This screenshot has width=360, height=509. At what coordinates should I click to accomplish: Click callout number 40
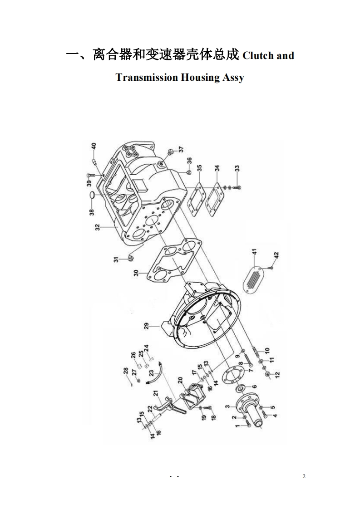coord(94,146)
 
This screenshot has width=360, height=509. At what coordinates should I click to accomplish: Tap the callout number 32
coord(98,228)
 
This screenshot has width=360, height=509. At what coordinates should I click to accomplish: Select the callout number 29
coord(146,326)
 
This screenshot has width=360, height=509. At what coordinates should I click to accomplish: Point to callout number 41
coord(255,253)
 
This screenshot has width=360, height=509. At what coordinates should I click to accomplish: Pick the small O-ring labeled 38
coord(92,196)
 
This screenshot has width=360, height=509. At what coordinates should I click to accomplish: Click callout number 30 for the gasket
coord(136,274)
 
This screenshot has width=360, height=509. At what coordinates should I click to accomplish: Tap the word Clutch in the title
coord(258,55)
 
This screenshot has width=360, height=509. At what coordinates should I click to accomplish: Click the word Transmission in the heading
coord(147,77)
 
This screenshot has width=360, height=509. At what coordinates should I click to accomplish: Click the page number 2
coord(304,476)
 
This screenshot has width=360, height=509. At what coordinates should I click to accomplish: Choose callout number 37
coord(181,150)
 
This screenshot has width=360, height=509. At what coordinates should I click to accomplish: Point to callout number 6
coord(254,387)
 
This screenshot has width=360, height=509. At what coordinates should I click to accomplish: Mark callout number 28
coord(126,372)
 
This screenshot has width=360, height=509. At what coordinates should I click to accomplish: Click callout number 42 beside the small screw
coord(276,255)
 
